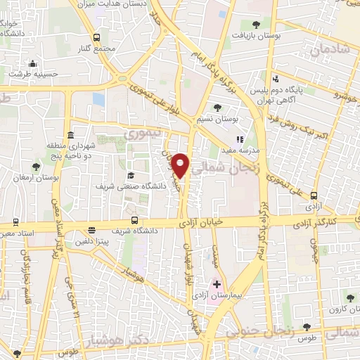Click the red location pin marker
coord(181,165)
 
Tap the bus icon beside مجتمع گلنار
coord(96,38)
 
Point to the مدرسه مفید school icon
coord(239,140)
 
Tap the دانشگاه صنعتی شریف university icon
coord(130,175)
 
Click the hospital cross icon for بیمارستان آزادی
coord(217,285)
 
